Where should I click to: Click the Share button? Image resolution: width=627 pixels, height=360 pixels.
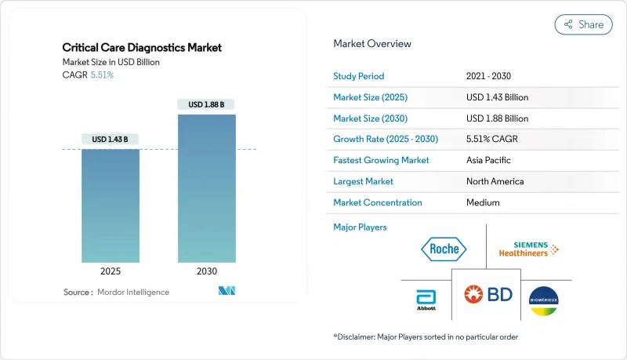pos(583,24)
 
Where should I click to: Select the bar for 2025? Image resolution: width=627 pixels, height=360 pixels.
pos(111,205)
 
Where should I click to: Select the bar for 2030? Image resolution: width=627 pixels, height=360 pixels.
pos(207,188)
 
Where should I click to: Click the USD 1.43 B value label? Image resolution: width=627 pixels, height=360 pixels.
pos(111,140)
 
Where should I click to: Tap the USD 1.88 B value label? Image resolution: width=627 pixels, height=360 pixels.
pos(207,104)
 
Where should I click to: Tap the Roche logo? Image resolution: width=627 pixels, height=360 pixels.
pos(444,250)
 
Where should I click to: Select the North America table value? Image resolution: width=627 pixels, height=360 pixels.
pos(495,181)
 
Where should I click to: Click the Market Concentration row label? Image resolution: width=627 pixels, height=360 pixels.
pos(378,202)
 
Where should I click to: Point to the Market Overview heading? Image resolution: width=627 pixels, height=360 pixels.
pos(372,43)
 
